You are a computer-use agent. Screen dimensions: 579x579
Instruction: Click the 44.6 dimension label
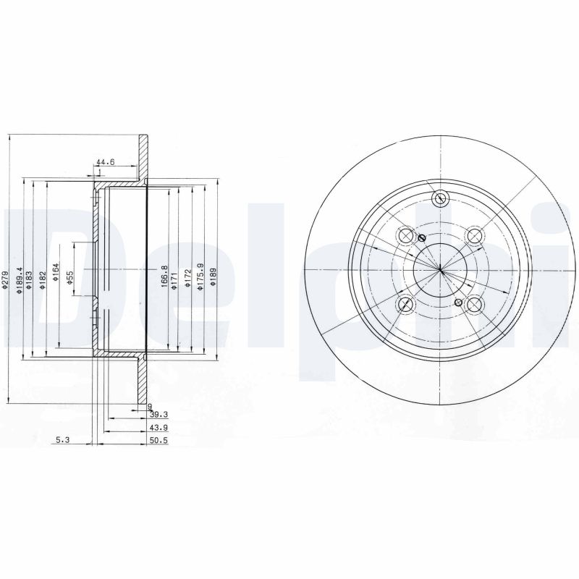pyautogui.click(x=105, y=162)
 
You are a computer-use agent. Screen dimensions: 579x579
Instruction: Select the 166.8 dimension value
pyautogui.click(x=164, y=276)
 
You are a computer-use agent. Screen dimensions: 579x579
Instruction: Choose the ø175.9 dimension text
pyautogui.click(x=199, y=276)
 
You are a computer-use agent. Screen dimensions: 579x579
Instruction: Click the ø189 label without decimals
pyautogui.click(x=212, y=278)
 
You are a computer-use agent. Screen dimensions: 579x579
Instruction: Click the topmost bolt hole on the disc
pyautogui.click(x=439, y=200)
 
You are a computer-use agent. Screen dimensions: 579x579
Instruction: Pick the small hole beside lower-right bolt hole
pyautogui.click(x=457, y=302)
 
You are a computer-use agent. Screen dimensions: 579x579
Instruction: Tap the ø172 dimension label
pyautogui.click(x=187, y=279)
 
